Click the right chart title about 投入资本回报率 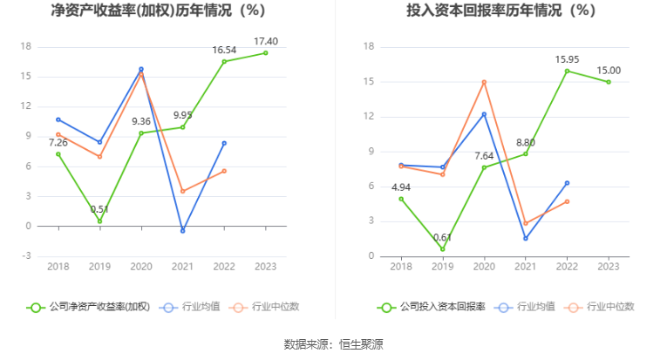click(x=500, y=11)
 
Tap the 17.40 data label click(x=266, y=41)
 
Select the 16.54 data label click(x=224, y=51)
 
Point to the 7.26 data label click(x=58, y=142)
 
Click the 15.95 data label click(x=568, y=59)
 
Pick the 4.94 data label click(x=400, y=187)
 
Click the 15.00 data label click(x=609, y=71)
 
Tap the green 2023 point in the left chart click(x=266, y=53)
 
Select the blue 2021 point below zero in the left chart click(x=182, y=231)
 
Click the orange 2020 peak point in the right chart click(x=484, y=82)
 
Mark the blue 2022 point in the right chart click(x=567, y=183)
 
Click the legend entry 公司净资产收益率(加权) click(x=90, y=307)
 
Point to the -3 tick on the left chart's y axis click(x=26, y=256)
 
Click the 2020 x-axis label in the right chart click(x=484, y=267)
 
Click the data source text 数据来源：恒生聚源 click(x=333, y=344)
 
